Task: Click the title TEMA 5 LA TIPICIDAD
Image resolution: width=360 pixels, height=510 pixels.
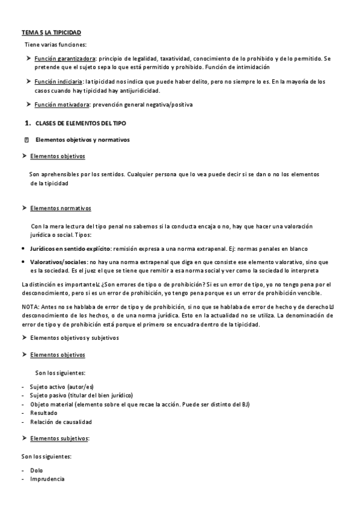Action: tap(50, 31)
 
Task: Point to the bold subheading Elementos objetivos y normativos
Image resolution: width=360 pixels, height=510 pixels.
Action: tap(82, 140)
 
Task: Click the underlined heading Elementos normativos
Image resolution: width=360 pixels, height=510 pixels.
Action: tap(60, 208)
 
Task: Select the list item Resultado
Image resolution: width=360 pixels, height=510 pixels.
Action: tap(43, 413)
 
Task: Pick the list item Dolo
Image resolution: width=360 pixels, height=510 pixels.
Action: tap(36, 470)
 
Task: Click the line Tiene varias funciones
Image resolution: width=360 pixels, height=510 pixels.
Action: tap(55, 45)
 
